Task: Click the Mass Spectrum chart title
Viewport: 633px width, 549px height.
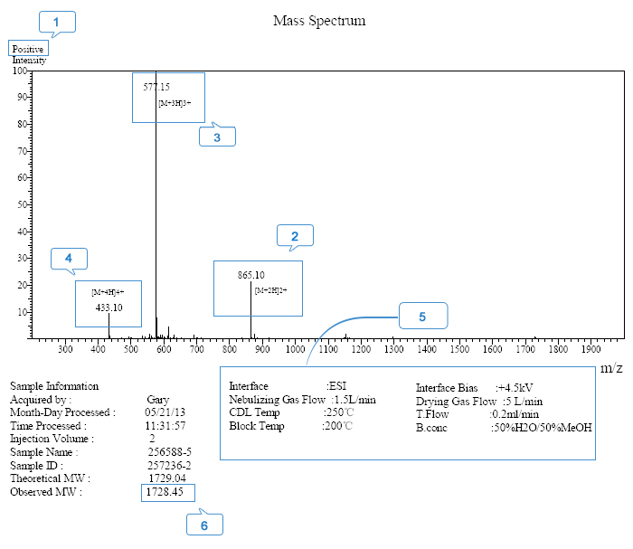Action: point(319,20)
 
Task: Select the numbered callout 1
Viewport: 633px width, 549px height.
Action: point(57,22)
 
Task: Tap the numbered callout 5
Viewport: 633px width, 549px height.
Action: point(421,317)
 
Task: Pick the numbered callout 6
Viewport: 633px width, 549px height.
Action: point(204,525)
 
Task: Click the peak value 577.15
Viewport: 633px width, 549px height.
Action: point(156,87)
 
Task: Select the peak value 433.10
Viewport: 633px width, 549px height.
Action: point(109,308)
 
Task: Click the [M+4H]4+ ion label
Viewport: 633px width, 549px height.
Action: point(108,292)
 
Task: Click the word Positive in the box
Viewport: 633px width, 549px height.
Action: point(28,48)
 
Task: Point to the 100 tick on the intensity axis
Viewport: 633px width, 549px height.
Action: point(19,70)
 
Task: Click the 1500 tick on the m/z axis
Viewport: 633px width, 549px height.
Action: point(459,348)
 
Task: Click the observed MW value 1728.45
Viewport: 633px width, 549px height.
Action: point(166,492)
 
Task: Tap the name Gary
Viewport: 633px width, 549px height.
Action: point(158,399)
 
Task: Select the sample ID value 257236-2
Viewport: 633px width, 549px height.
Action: point(168,465)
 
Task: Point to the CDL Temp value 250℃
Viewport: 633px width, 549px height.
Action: point(339,412)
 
